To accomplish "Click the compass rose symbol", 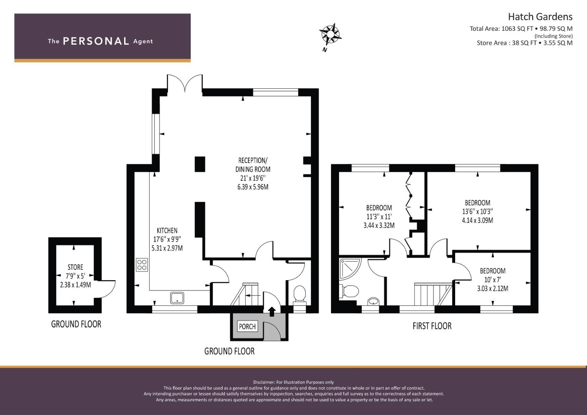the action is click(x=330, y=35).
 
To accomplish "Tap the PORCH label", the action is click(x=247, y=327).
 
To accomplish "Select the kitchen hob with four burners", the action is click(x=142, y=265).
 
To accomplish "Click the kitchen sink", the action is click(x=177, y=298).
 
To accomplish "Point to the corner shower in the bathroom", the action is click(x=350, y=269).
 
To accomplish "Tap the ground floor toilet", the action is click(x=299, y=295).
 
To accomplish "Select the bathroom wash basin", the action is click(x=373, y=302).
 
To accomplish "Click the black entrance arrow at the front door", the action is click(x=272, y=312).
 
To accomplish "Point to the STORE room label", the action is click(x=75, y=267).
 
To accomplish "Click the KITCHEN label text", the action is click(x=167, y=231).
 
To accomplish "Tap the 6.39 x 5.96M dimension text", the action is click(x=253, y=187).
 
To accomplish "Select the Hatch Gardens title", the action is click(x=540, y=17).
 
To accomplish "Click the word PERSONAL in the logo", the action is click(x=96, y=41).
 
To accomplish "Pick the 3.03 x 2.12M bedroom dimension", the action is click(x=493, y=289).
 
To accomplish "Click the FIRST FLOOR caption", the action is click(x=432, y=326).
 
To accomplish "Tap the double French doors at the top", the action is click(x=185, y=83).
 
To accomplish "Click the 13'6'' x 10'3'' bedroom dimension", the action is click(x=477, y=211).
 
